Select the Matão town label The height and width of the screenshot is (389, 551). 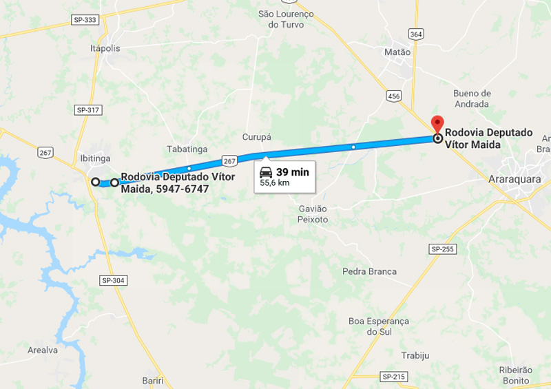tap(397, 52)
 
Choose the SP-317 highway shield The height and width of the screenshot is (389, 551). tap(87, 109)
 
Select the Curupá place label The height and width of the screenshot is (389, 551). tap(257, 137)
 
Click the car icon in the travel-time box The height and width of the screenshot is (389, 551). tap(266, 172)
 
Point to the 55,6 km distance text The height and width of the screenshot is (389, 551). tap(275, 184)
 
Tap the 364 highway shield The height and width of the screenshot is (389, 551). tap(415, 33)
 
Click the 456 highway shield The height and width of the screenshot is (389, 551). tap(393, 96)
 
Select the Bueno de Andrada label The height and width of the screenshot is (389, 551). tap(472, 98)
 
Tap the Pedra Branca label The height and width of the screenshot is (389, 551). tap(369, 271)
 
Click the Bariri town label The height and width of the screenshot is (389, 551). tap(153, 380)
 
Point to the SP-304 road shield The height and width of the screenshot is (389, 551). tap(113, 280)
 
